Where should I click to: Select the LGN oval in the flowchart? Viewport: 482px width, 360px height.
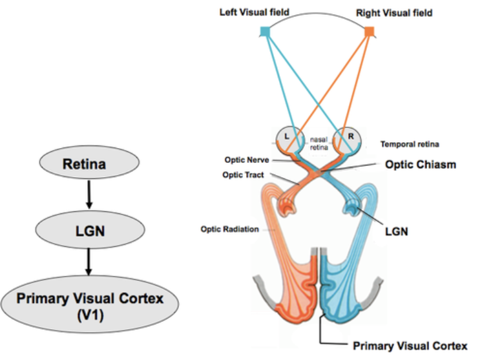coord(87,231)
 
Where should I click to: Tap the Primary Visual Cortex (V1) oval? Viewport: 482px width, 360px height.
coord(89,304)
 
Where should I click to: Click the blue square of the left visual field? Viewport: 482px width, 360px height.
coord(264,31)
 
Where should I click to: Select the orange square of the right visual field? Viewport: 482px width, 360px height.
coord(370,31)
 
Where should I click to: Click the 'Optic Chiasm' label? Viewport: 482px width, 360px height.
coord(421,165)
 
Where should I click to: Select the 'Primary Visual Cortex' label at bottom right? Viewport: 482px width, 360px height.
coord(410,345)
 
